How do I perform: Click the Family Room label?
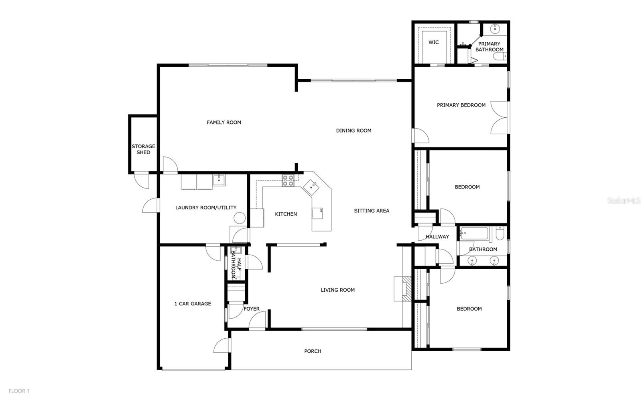(x=224, y=122)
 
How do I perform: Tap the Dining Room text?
(x=354, y=130)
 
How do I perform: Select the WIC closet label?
(x=433, y=42)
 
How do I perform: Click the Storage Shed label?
(x=143, y=149)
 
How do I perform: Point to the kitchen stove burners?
(x=288, y=181)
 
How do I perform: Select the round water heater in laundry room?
(x=240, y=218)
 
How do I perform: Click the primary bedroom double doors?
(x=500, y=117)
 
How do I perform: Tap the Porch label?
(x=313, y=351)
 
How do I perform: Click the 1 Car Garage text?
(x=193, y=303)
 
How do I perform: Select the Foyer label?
(x=252, y=309)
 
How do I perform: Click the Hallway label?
(x=437, y=236)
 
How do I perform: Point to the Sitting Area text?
(x=372, y=210)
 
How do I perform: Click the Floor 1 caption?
(x=19, y=391)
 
